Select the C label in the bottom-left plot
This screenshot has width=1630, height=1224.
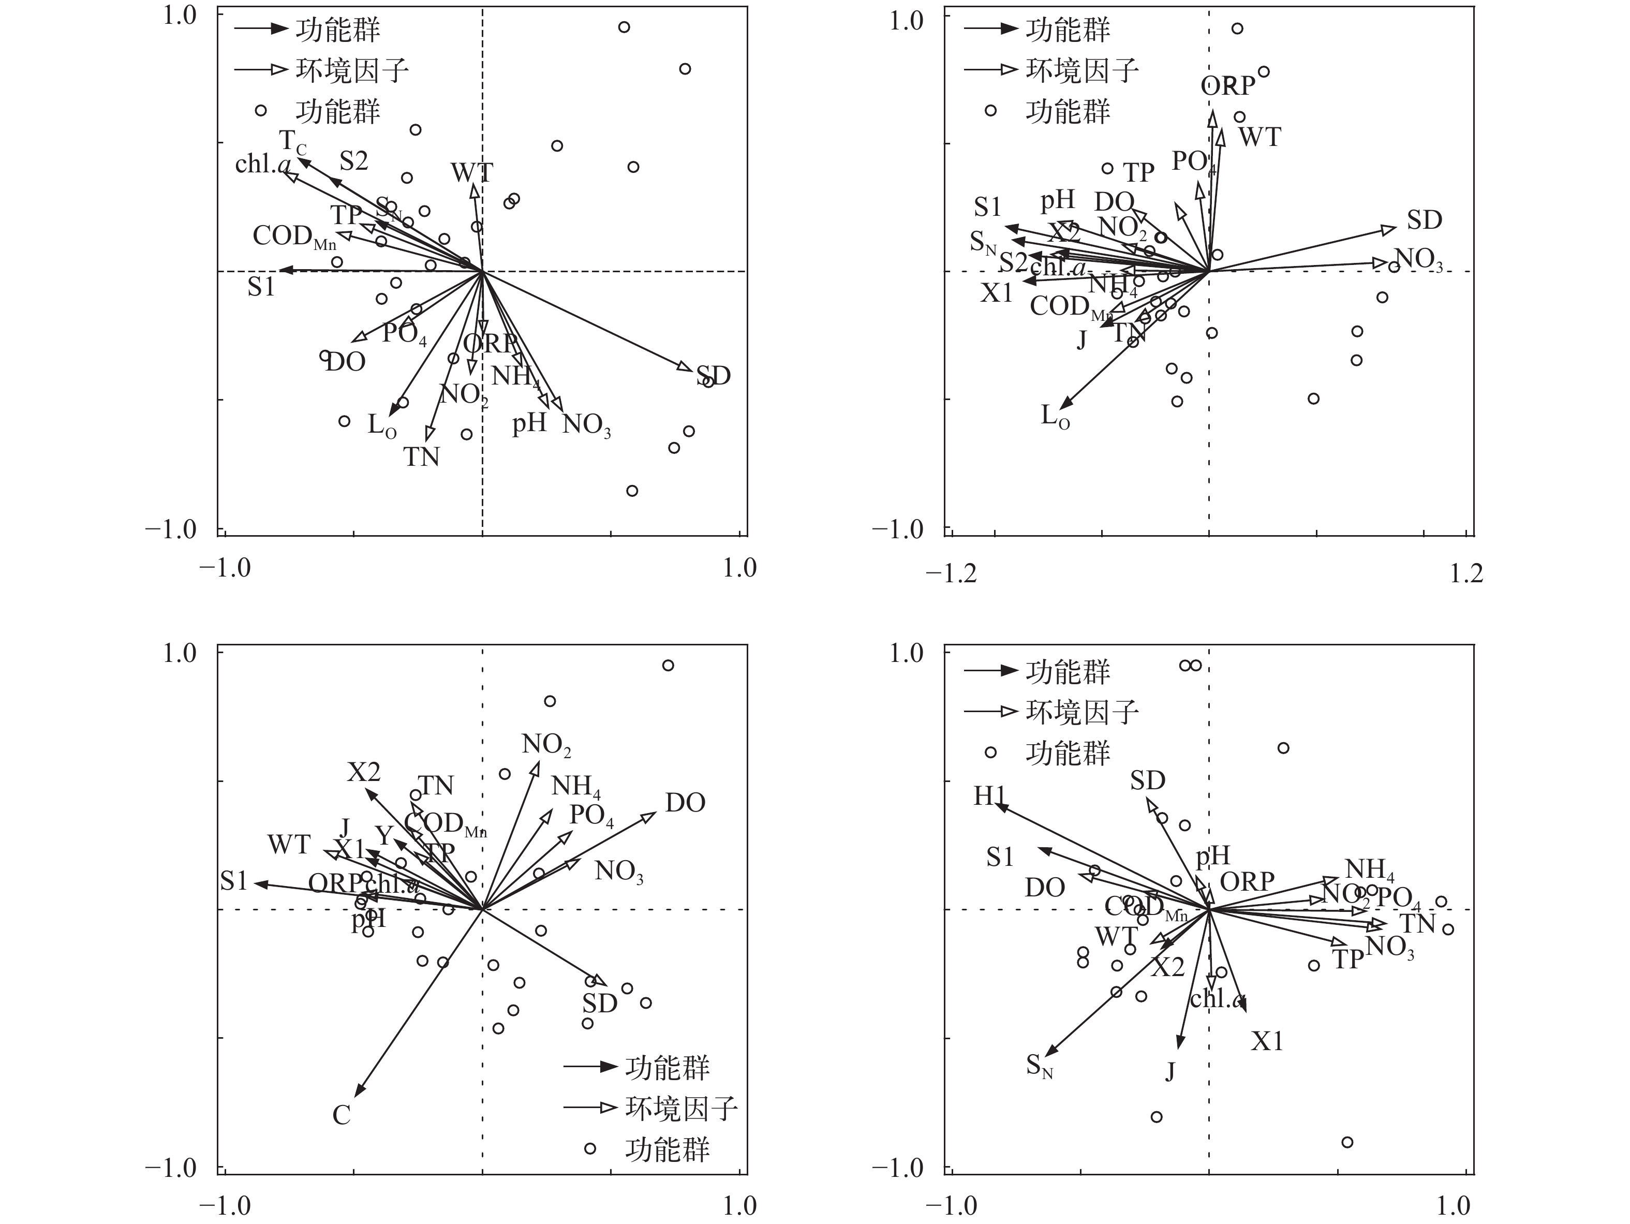pos(341,1115)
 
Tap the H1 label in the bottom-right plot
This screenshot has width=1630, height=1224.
pos(989,796)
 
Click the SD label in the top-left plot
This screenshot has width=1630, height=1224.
pos(713,376)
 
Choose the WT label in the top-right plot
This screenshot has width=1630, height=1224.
pos(1259,137)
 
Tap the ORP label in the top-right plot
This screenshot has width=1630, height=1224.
pos(1227,86)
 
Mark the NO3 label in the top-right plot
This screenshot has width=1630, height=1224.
pos(1418,259)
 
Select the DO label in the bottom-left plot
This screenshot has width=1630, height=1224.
pos(685,803)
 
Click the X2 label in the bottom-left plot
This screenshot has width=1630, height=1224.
pos(364,772)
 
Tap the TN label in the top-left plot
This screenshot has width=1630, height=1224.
pos(422,457)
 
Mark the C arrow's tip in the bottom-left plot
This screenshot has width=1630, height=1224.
pos(357,1097)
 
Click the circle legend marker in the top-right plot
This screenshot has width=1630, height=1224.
pos(990,111)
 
